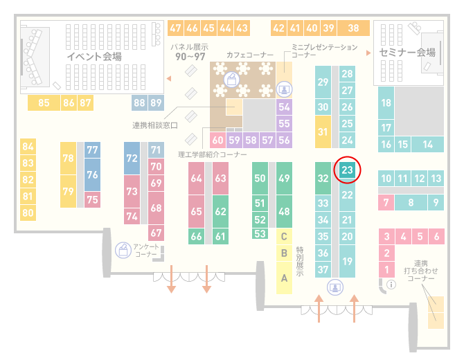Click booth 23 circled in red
[347, 170]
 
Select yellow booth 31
[323, 132]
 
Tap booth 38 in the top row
[354, 28]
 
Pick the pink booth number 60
[217, 140]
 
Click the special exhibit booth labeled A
[284, 278]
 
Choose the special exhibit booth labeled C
[284, 236]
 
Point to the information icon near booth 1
[391, 285]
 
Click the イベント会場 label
[94, 56]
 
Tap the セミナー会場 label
[407, 53]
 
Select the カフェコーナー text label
[250, 55]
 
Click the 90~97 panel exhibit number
[190, 56]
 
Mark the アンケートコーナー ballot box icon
[123, 250]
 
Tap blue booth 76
[92, 174]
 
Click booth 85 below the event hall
[44, 102]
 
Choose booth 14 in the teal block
[427, 145]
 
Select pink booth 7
[386, 203]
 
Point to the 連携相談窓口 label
[155, 125]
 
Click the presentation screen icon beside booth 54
[285, 89]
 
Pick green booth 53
[260, 234]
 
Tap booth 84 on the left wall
[28, 147]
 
